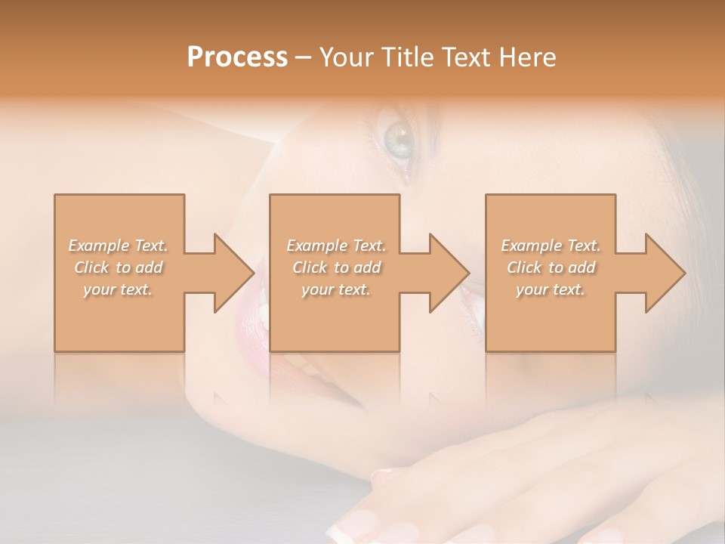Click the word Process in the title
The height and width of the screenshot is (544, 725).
[x=237, y=57]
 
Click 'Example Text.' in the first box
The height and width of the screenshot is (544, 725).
[x=118, y=246]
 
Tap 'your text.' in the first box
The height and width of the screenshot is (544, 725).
[x=118, y=289]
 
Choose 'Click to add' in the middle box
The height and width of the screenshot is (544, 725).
[x=336, y=267]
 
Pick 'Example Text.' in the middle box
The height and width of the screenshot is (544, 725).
[x=336, y=246]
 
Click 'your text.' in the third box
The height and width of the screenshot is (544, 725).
[x=551, y=289]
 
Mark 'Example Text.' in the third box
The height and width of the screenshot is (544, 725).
[x=551, y=246]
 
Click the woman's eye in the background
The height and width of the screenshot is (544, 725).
[x=398, y=139]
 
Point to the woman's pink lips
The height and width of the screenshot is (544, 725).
[x=253, y=317]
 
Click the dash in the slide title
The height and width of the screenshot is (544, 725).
[x=303, y=57]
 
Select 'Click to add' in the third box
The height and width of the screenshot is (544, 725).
[x=551, y=267]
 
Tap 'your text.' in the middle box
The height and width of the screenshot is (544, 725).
[x=336, y=289]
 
